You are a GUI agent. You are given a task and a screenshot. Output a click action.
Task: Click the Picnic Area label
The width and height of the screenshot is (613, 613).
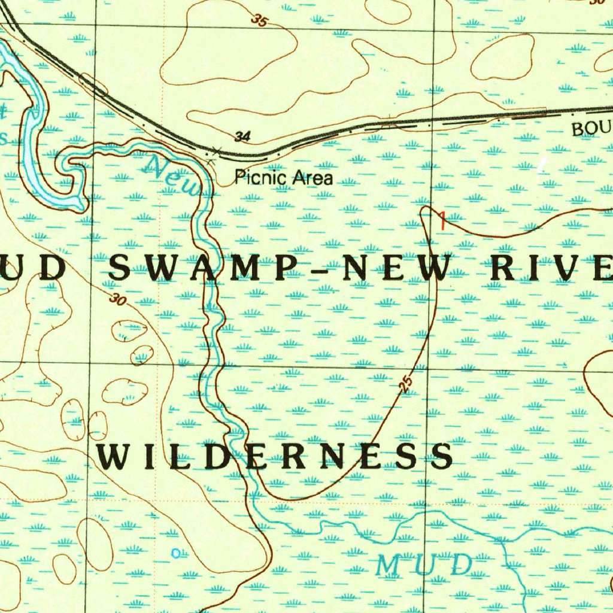pyautogui.click(x=283, y=177)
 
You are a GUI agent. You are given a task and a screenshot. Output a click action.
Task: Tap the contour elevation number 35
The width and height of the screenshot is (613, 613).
pyautogui.click(x=260, y=21)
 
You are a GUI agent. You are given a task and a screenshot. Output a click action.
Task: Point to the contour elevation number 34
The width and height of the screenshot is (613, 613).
pyautogui.click(x=242, y=137)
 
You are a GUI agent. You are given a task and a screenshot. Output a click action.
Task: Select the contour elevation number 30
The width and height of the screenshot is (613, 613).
pyautogui.click(x=118, y=300)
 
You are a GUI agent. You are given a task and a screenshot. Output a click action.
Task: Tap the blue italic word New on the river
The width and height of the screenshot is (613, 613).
pyautogui.click(x=174, y=176)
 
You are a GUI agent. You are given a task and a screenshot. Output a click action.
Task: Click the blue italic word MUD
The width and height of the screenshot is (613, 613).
pyautogui.click(x=424, y=565)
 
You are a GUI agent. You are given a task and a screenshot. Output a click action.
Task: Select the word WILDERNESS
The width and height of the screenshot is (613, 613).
pyautogui.click(x=275, y=457)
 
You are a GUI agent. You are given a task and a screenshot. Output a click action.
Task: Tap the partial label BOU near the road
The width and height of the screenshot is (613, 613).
pyautogui.click(x=591, y=129)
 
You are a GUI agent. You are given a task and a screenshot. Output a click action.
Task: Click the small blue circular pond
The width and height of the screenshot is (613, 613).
pyautogui.click(x=175, y=553)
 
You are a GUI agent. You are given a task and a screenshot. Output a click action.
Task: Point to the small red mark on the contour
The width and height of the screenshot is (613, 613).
pyautogui.click(x=442, y=220)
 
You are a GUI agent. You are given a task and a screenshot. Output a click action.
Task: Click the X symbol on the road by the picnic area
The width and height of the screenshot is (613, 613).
pyautogui.click(x=217, y=150)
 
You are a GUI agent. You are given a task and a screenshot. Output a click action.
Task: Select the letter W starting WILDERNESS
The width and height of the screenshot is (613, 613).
pyautogui.click(x=113, y=457)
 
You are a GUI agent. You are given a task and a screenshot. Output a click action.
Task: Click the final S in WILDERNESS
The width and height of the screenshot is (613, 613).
pyautogui.click(x=442, y=457)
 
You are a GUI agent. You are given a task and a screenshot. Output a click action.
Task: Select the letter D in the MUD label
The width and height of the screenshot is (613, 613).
pyautogui.click(x=460, y=565)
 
